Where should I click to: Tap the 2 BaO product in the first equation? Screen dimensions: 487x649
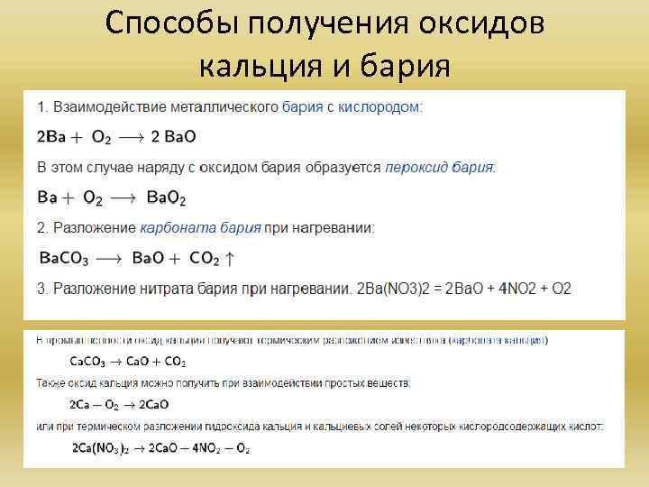click(x=174, y=137)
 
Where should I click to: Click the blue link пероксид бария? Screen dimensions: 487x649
click(x=440, y=167)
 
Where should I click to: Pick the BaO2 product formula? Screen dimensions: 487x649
click(x=166, y=198)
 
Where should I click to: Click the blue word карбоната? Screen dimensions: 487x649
click(x=170, y=228)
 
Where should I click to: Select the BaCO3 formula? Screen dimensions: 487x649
click(x=64, y=259)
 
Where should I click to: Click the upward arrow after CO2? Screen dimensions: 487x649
click(x=231, y=259)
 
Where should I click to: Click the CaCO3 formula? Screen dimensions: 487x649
click(x=87, y=362)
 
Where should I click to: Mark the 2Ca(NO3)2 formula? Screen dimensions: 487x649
click(x=101, y=448)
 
